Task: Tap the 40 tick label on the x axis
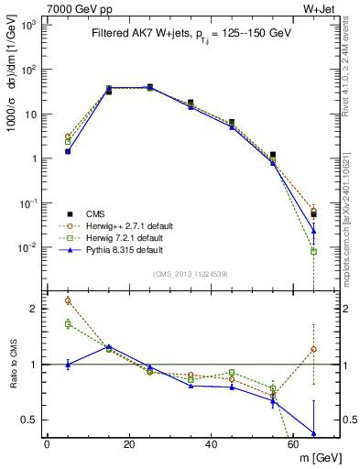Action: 212,444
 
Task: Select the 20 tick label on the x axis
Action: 129,444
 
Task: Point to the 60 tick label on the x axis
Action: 294,444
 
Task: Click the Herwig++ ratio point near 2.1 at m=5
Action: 68,300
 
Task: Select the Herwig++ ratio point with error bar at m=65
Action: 314,349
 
